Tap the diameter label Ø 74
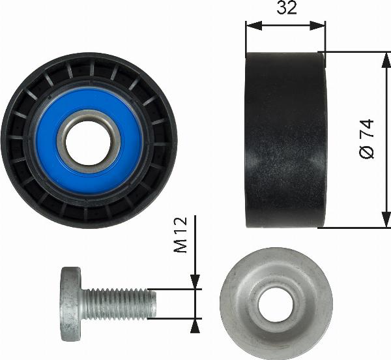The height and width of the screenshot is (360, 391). (x=367, y=139)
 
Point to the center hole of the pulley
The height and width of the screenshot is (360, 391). (x=88, y=141)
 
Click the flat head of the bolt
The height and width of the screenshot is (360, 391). (x=70, y=304)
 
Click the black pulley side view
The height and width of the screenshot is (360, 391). (x=285, y=140)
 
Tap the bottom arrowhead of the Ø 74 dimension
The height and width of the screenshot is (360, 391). (x=385, y=221)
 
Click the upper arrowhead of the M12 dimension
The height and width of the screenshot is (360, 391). (x=195, y=282)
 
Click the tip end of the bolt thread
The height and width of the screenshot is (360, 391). (x=154, y=303)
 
